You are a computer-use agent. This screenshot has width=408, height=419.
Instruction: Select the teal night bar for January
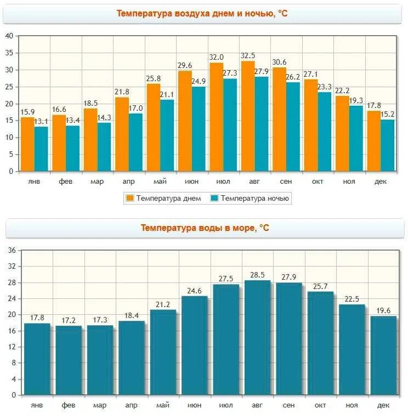(41, 149)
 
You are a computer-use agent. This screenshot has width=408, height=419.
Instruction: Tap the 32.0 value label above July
(216, 57)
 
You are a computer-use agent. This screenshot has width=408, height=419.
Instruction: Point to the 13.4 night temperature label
(73, 121)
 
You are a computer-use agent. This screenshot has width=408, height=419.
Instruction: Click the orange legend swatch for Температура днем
(131, 198)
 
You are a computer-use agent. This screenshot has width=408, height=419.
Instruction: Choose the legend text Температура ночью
(256, 198)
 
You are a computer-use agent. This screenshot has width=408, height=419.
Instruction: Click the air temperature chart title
(202, 13)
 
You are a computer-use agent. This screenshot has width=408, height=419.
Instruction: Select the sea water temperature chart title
(205, 228)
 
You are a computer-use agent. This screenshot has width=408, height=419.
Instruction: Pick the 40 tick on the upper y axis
(8, 36)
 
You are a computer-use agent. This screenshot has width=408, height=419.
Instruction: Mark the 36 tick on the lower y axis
(12, 251)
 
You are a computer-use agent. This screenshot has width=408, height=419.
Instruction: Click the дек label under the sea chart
(383, 405)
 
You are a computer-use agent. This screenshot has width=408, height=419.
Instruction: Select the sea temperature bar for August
(257, 337)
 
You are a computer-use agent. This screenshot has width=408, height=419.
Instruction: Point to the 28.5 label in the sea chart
(257, 275)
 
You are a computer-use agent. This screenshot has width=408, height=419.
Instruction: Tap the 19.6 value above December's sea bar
(383, 310)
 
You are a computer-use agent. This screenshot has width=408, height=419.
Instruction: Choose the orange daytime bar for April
(122, 134)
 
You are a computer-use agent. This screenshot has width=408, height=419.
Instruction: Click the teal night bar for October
(325, 132)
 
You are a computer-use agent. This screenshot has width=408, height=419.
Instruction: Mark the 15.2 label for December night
(388, 114)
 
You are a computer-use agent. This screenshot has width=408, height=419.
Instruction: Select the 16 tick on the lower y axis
(12, 331)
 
